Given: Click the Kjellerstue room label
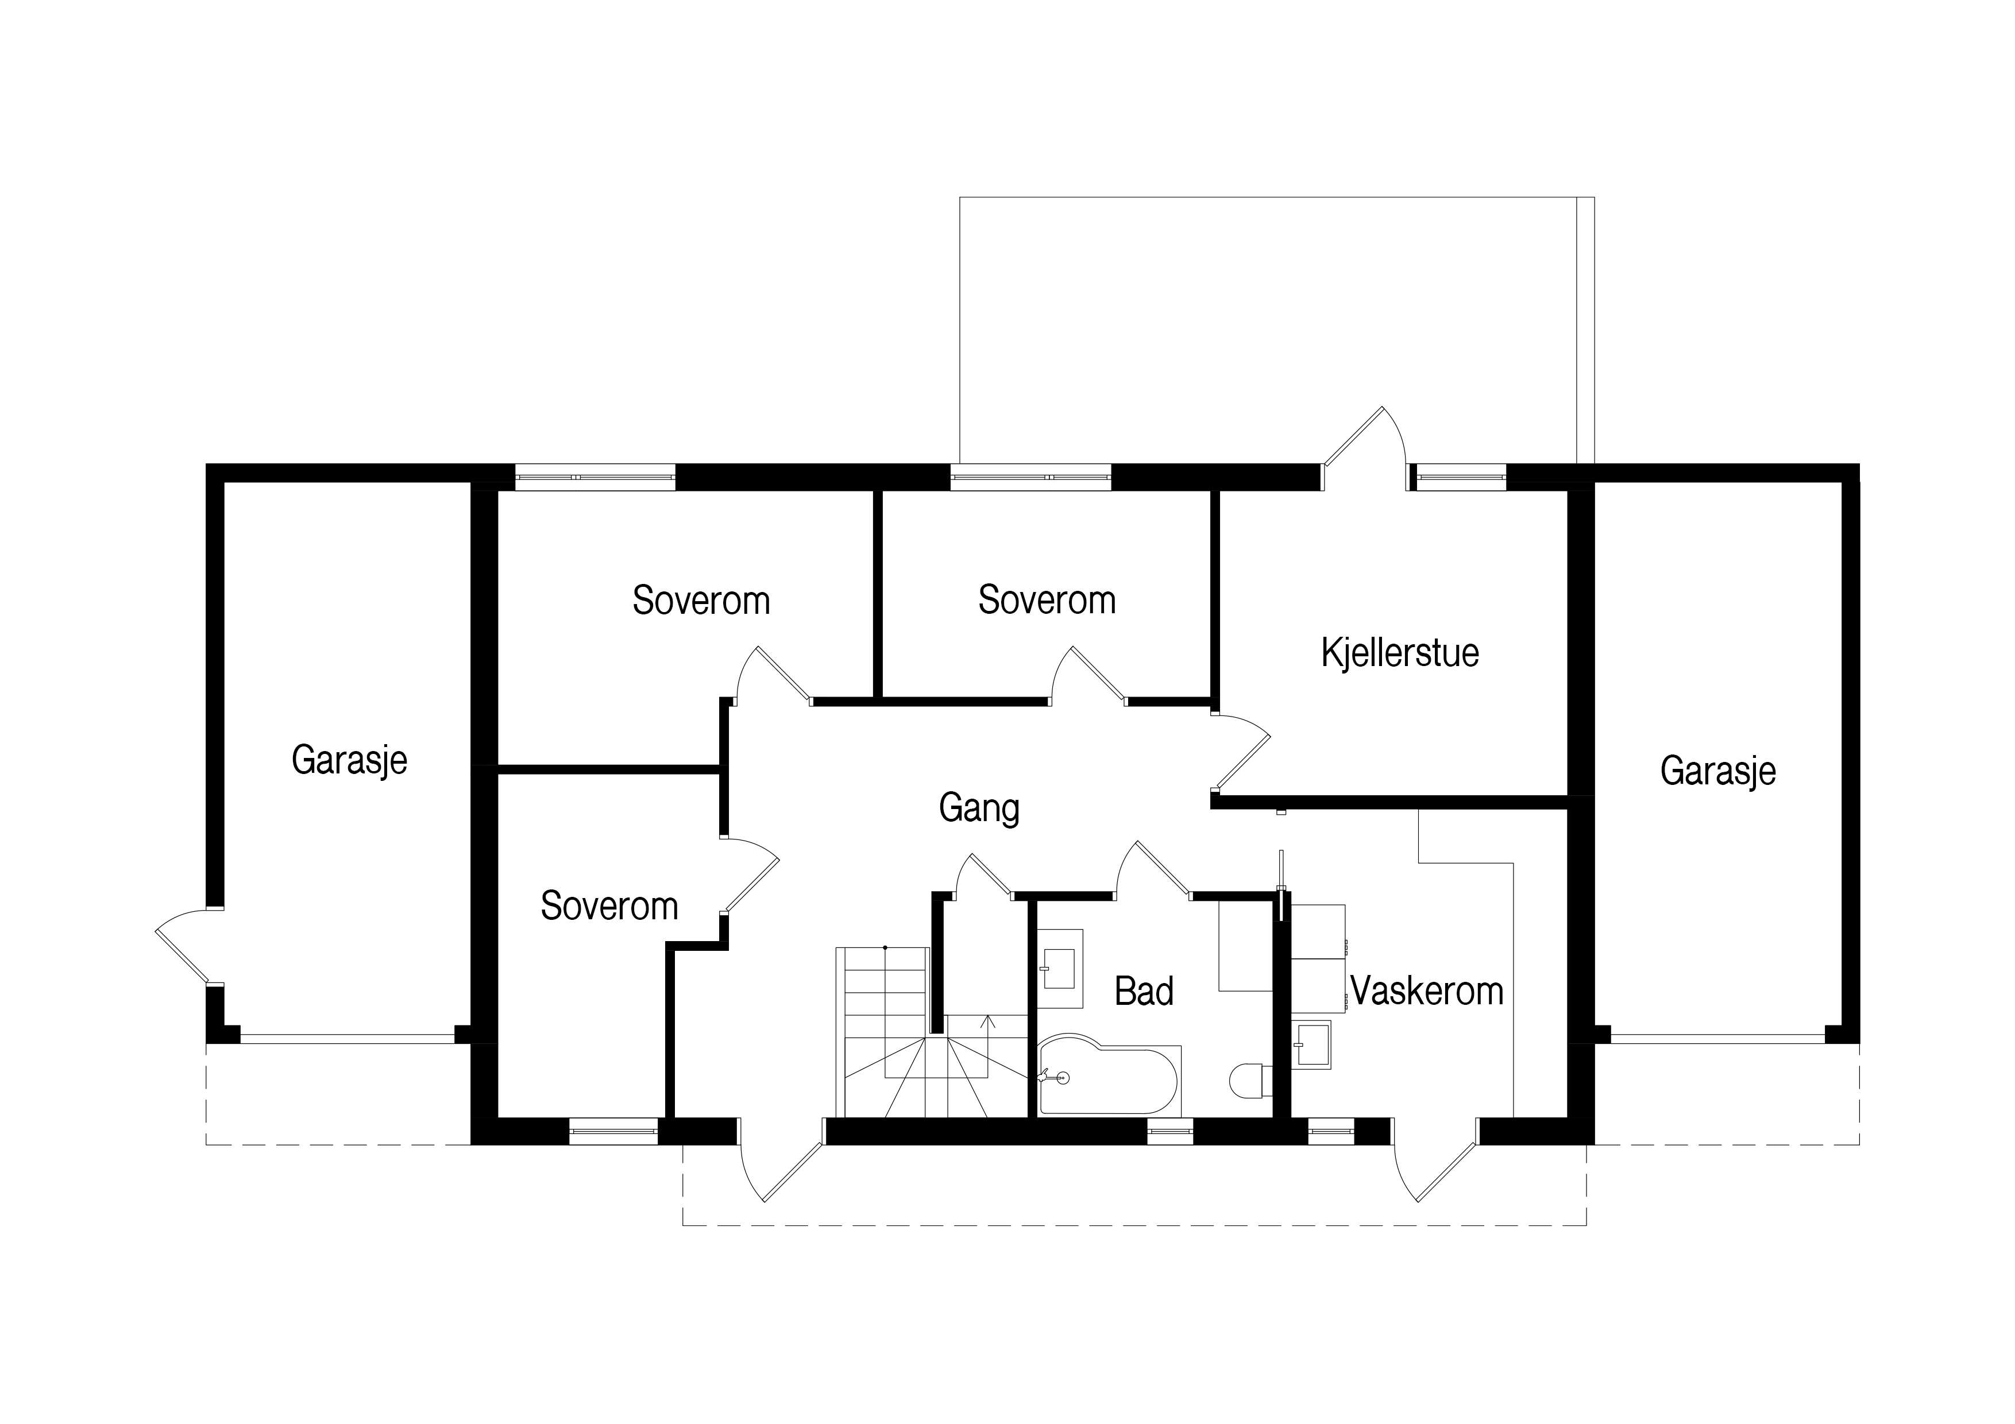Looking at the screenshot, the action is coord(1400,653).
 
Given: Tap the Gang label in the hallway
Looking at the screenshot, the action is coord(979,808).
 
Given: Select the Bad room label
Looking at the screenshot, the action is coord(1144,992).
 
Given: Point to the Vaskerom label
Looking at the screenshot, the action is coord(1426,992).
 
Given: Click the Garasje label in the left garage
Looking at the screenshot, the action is coord(349,760).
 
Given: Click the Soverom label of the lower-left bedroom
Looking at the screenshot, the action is coord(609,906).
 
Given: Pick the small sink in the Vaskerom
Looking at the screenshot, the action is coord(1311,1044).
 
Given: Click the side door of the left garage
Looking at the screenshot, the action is coord(188,947).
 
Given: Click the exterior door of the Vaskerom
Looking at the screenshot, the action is coord(1437,1160).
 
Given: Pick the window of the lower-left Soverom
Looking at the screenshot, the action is coord(613,1132).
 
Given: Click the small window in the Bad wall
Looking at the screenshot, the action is coord(1171,1132).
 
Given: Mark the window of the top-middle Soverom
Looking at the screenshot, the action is coord(1031,477).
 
